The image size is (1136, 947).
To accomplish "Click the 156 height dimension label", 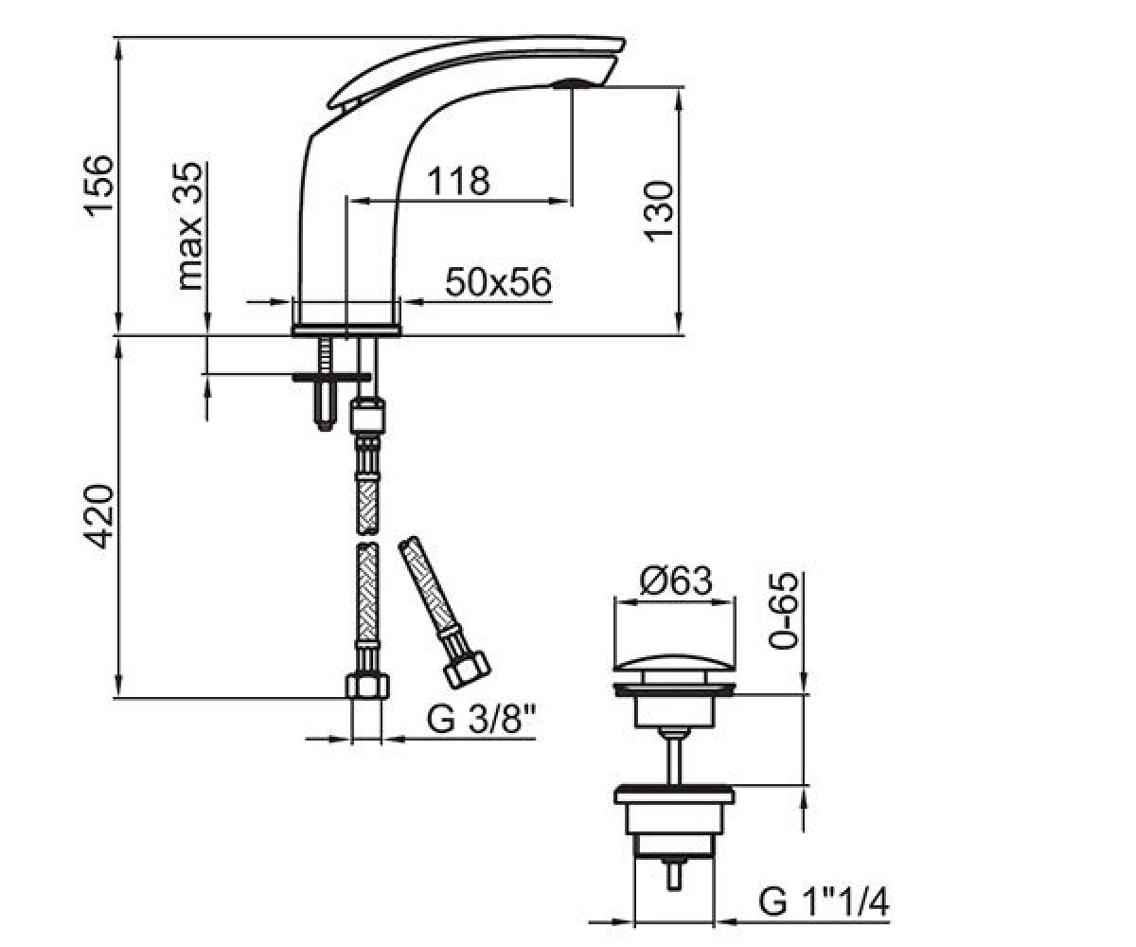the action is [99, 187].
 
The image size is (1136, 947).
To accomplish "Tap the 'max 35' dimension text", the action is [190, 226].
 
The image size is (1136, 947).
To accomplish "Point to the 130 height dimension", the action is [658, 211].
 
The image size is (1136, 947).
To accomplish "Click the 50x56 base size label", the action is [498, 282].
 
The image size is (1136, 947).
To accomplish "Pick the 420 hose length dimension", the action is [99, 516].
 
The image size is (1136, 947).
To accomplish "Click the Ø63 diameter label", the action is [676, 581].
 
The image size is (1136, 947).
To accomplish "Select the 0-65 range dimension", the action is [784, 610].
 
